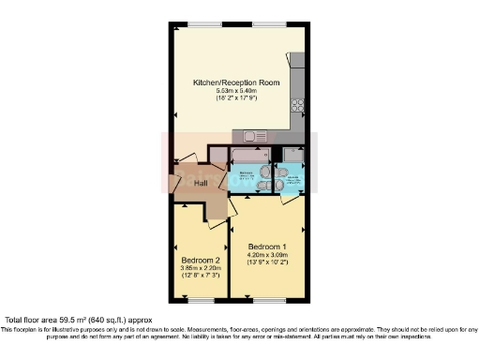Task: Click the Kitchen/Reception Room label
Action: [x=236, y=82]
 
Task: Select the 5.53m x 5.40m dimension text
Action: [x=236, y=90]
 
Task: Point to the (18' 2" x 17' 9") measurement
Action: [x=236, y=97]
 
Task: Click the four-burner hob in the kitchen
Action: [x=298, y=105]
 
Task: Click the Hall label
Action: [x=201, y=184]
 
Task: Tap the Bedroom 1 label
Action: [x=268, y=247]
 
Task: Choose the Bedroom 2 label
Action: [x=201, y=260]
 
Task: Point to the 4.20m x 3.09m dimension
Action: [x=268, y=254]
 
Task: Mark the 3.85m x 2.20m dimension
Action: [x=201, y=268]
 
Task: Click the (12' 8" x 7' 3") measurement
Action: [x=201, y=276]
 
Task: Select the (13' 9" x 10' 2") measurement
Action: [x=268, y=262]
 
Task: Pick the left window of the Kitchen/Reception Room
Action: [x=198, y=23]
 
